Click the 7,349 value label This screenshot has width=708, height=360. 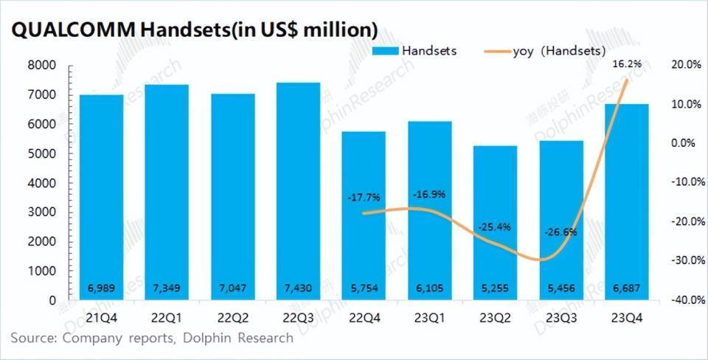[x=167, y=286]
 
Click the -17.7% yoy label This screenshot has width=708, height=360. [x=362, y=197]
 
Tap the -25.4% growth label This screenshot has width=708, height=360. [x=495, y=226]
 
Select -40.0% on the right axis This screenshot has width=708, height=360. [x=684, y=300]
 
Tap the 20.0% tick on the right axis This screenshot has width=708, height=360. [x=684, y=65]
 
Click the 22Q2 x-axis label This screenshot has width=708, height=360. [x=232, y=318]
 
